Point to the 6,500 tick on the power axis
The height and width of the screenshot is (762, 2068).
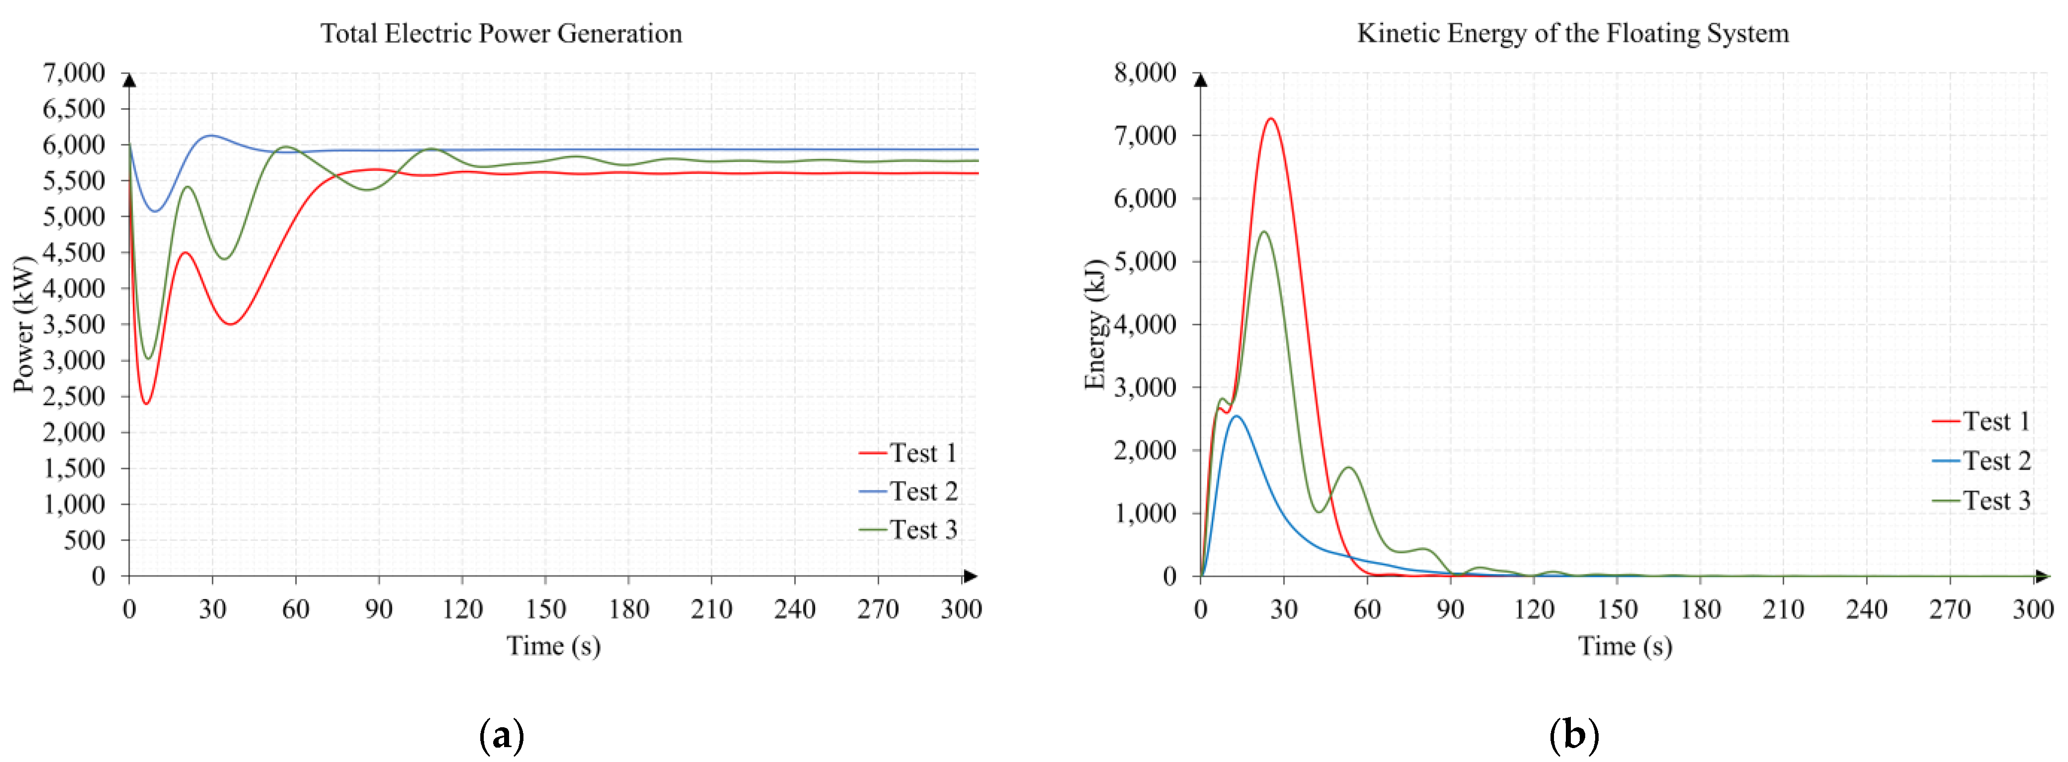(x=74, y=108)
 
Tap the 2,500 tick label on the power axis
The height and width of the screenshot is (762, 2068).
(x=74, y=396)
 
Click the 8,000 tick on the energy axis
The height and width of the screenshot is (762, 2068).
(x=1145, y=73)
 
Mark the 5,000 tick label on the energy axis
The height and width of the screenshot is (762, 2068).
(x=1145, y=261)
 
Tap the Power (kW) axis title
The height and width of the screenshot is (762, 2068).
(x=24, y=324)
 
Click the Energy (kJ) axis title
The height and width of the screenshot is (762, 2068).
(x=1095, y=324)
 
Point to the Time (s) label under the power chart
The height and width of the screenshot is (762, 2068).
(x=553, y=645)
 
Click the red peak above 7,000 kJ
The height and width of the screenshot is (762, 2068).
(x=1271, y=119)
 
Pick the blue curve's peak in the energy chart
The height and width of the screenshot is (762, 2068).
(x=1236, y=416)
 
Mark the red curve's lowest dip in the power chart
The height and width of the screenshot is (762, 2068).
(x=146, y=403)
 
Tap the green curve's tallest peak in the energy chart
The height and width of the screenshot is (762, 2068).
(x=1264, y=232)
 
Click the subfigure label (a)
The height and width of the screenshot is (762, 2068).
(x=501, y=735)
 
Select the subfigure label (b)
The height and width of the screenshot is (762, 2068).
(x=1573, y=735)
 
